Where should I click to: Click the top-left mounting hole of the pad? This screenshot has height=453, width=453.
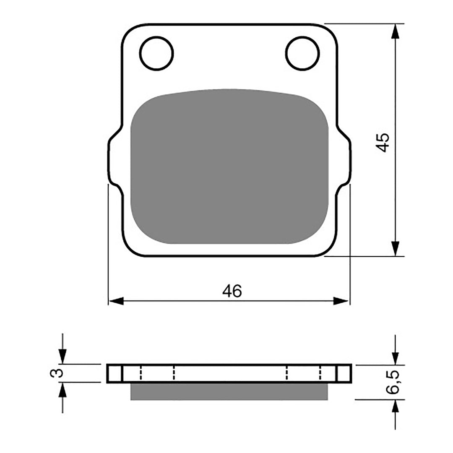click(x=156, y=53)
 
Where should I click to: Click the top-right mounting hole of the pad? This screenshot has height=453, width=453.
click(x=302, y=53)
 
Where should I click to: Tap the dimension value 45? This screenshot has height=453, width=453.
click(x=383, y=143)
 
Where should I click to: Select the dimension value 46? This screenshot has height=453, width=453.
click(x=232, y=291)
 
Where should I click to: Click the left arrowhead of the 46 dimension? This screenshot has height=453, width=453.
click(x=116, y=301)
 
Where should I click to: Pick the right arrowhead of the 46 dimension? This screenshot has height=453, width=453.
click(x=341, y=301)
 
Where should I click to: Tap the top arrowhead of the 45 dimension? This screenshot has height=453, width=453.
click(x=395, y=31)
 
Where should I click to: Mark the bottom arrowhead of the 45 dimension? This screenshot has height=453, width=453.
click(x=395, y=248)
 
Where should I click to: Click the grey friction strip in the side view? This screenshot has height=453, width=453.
click(x=229, y=391)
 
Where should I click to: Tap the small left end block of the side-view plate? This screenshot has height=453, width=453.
click(x=114, y=373)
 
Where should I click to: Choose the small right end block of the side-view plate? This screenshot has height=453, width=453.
click(x=344, y=373)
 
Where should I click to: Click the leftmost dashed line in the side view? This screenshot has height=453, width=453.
click(x=141, y=373)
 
